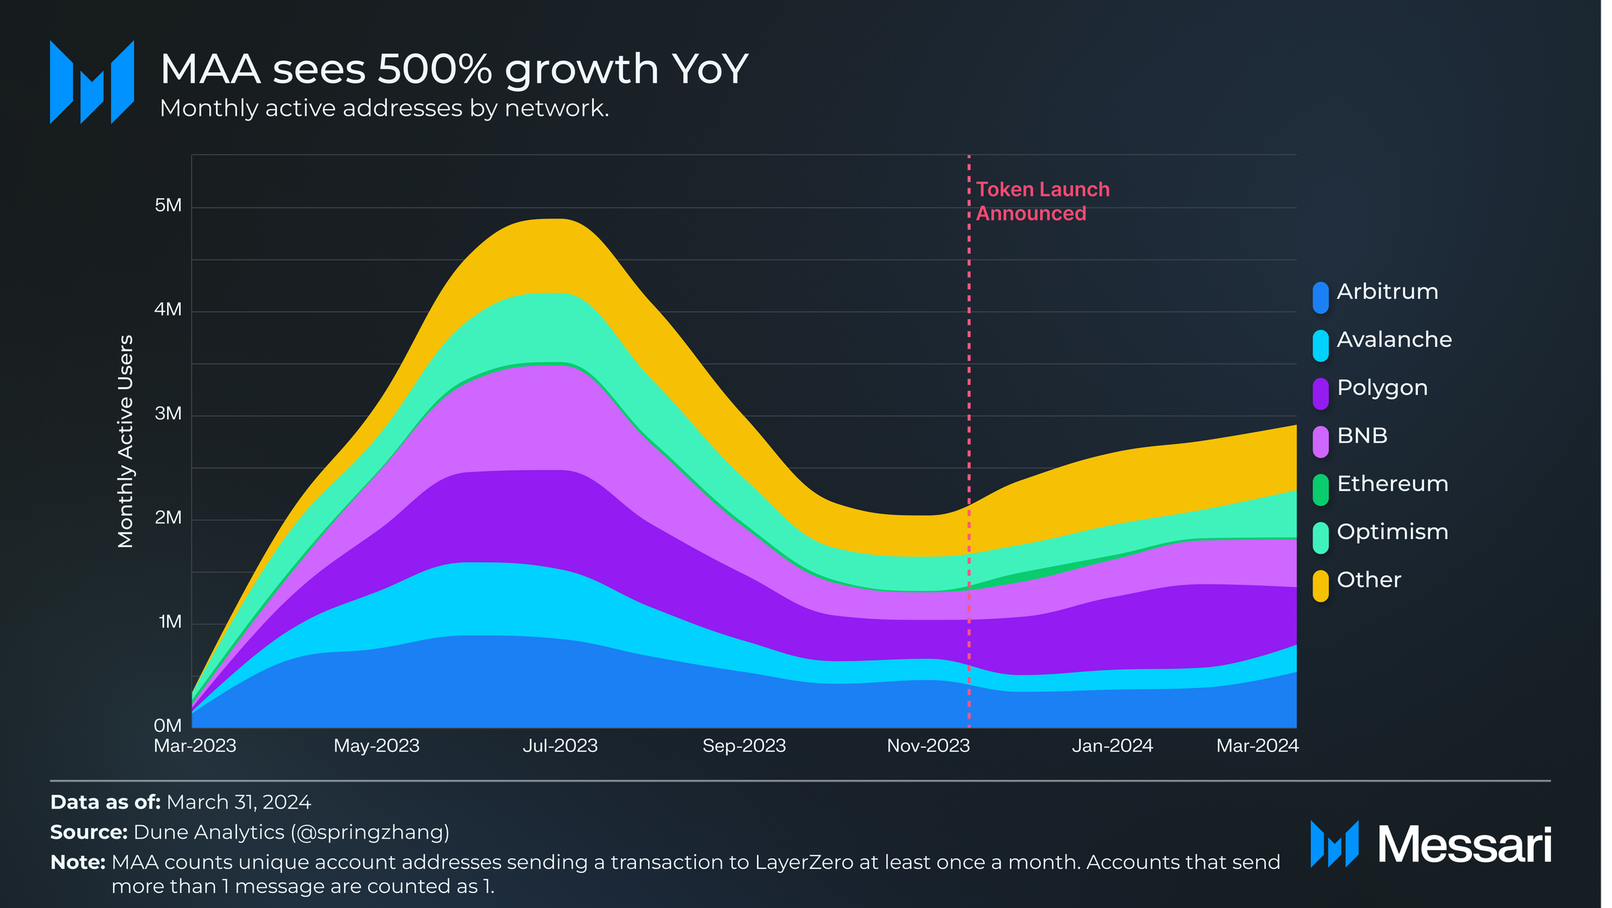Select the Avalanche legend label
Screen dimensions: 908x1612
pyautogui.click(x=1394, y=340)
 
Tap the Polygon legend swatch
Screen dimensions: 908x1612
pyautogui.click(x=1321, y=394)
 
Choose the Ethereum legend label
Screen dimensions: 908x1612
pyautogui.click(x=1392, y=484)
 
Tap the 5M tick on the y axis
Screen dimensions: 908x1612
pyautogui.click(x=168, y=206)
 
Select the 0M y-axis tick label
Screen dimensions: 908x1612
pyautogui.click(x=168, y=726)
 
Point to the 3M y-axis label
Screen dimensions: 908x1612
pyautogui.click(x=168, y=413)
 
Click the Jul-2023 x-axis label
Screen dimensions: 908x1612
pyautogui.click(x=560, y=746)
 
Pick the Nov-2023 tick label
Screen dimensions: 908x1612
pyautogui.click(x=928, y=746)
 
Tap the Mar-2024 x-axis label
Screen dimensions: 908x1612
pyautogui.click(x=1258, y=746)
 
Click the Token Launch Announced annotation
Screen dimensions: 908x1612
pyautogui.click(x=1042, y=202)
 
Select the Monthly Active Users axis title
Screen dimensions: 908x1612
pyautogui.click(x=126, y=441)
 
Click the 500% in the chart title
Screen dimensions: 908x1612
pyautogui.click(x=434, y=69)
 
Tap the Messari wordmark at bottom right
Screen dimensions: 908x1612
pyautogui.click(x=1464, y=845)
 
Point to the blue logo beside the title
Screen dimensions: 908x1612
pyautogui.click(x=92, y=82)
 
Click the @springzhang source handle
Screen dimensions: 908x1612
pyautogui.click(x=370, y=833)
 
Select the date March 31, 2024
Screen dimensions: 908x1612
pyautogui.click(x=239, y=803)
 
